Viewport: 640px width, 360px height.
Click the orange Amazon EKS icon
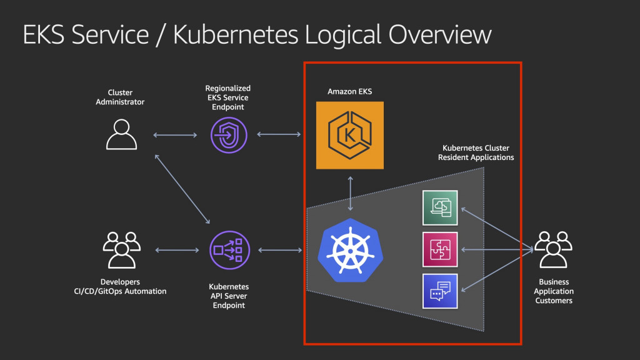[349, 136]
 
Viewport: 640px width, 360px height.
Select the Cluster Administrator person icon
[121, 134]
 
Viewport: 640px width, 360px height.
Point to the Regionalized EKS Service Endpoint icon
[229, 134]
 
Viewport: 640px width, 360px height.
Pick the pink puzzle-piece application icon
[440, 249]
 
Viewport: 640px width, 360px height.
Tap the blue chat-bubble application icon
[440, 291]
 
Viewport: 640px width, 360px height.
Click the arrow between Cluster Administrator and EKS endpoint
[175, 134]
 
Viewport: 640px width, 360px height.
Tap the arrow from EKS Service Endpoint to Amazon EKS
[279, 134]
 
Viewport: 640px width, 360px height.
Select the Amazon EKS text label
[350, 92]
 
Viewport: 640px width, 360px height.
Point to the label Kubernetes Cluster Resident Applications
[476, 153]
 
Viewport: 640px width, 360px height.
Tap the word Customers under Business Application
[554, 301]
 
